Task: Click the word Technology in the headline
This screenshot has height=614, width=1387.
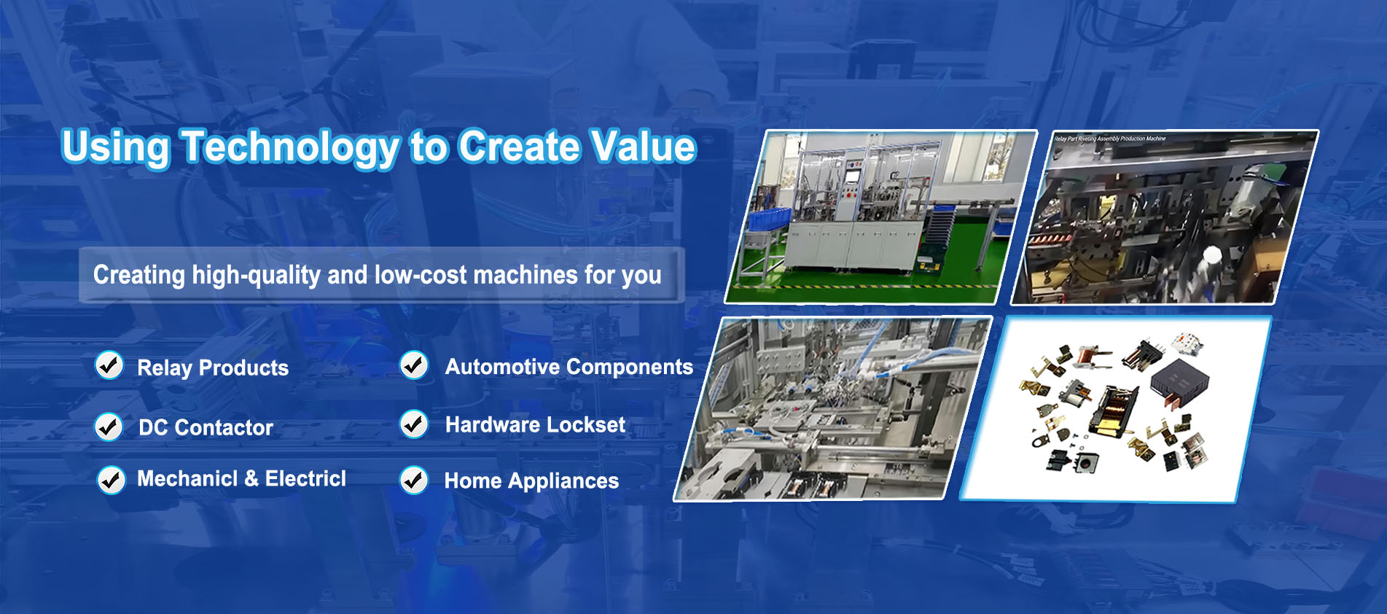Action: (x=289, y=147)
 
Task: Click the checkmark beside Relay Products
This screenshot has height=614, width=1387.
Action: (x=109, y=365)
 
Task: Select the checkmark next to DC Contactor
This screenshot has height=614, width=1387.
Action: (x=109, y=427)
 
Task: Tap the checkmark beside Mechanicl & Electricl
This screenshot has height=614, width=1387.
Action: (x=111, y=480)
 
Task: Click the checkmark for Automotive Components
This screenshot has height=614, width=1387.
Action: (x=414, y=365)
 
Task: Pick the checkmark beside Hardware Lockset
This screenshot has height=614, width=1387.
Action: (x=414, y=424)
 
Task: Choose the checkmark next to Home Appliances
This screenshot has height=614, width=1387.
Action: (x=414, y=481)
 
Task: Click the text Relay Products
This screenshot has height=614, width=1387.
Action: (x=213, y=368)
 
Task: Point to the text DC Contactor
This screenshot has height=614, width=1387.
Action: (x=206, y=427)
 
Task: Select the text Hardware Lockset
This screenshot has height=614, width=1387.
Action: (x=535, y=424)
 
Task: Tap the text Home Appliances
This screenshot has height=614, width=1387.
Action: (x=531, y=481)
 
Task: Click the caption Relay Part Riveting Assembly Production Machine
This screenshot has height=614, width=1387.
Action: (x=1109, y=139)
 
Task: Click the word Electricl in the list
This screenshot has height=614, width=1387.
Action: (x=305, y=479)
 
